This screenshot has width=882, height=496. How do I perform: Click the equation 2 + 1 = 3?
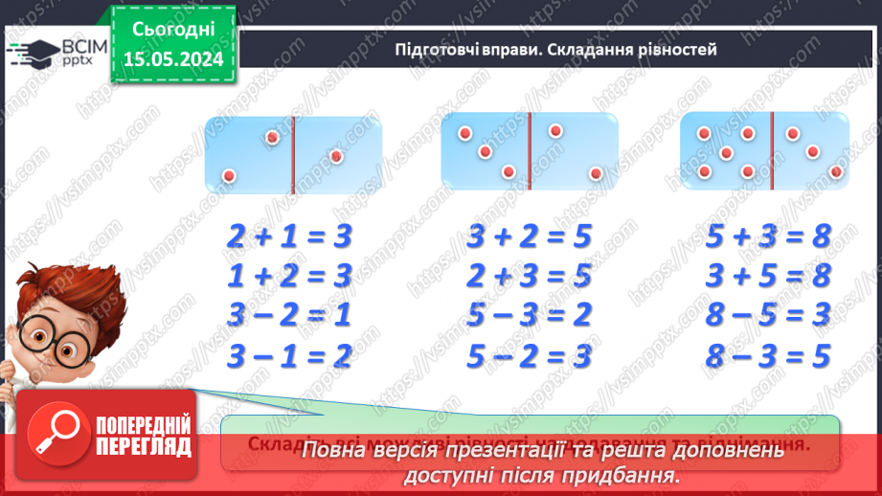click(x=290, y=236)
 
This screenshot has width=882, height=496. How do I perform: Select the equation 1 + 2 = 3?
click(x=290, y=276)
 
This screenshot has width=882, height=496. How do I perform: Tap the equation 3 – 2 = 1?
click(x=290, y=315)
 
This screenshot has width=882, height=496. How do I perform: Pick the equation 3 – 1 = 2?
click(x=290, y=356)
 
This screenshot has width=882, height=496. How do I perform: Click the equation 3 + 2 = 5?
click(x=530, y=236)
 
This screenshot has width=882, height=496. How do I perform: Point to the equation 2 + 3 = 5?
click(x=530, y=276)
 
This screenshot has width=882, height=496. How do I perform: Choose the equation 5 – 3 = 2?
click(x=530, y=315)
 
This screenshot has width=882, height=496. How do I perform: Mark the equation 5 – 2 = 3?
click(x=530, y=356)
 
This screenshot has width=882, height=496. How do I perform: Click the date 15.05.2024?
click(x=174, y=57)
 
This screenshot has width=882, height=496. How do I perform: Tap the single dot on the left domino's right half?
click(x=335, y=156)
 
